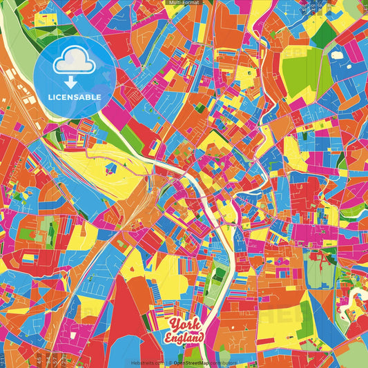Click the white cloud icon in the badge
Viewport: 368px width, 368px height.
75,62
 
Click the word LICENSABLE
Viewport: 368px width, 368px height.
75,97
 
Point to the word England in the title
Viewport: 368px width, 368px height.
184,338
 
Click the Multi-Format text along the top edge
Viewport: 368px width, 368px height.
184,3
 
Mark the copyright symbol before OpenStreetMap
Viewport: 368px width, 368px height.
170,362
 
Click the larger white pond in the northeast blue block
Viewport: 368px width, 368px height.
338,53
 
